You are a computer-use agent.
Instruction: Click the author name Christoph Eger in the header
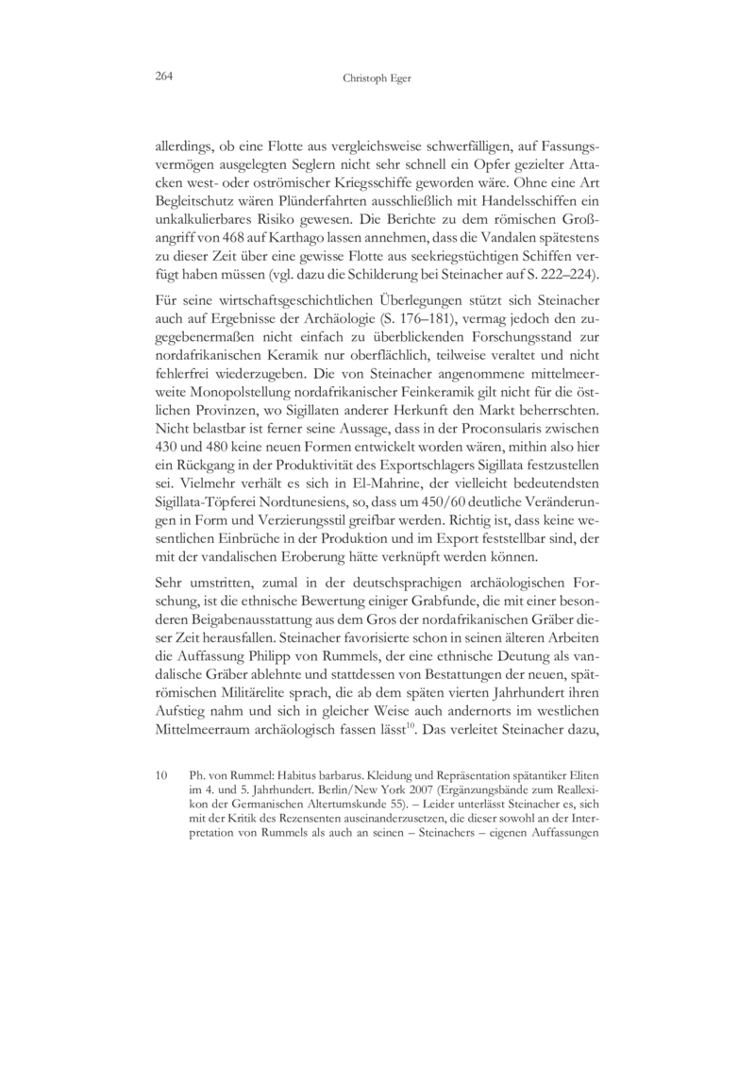pyautogui.click(x=377, y=80)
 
